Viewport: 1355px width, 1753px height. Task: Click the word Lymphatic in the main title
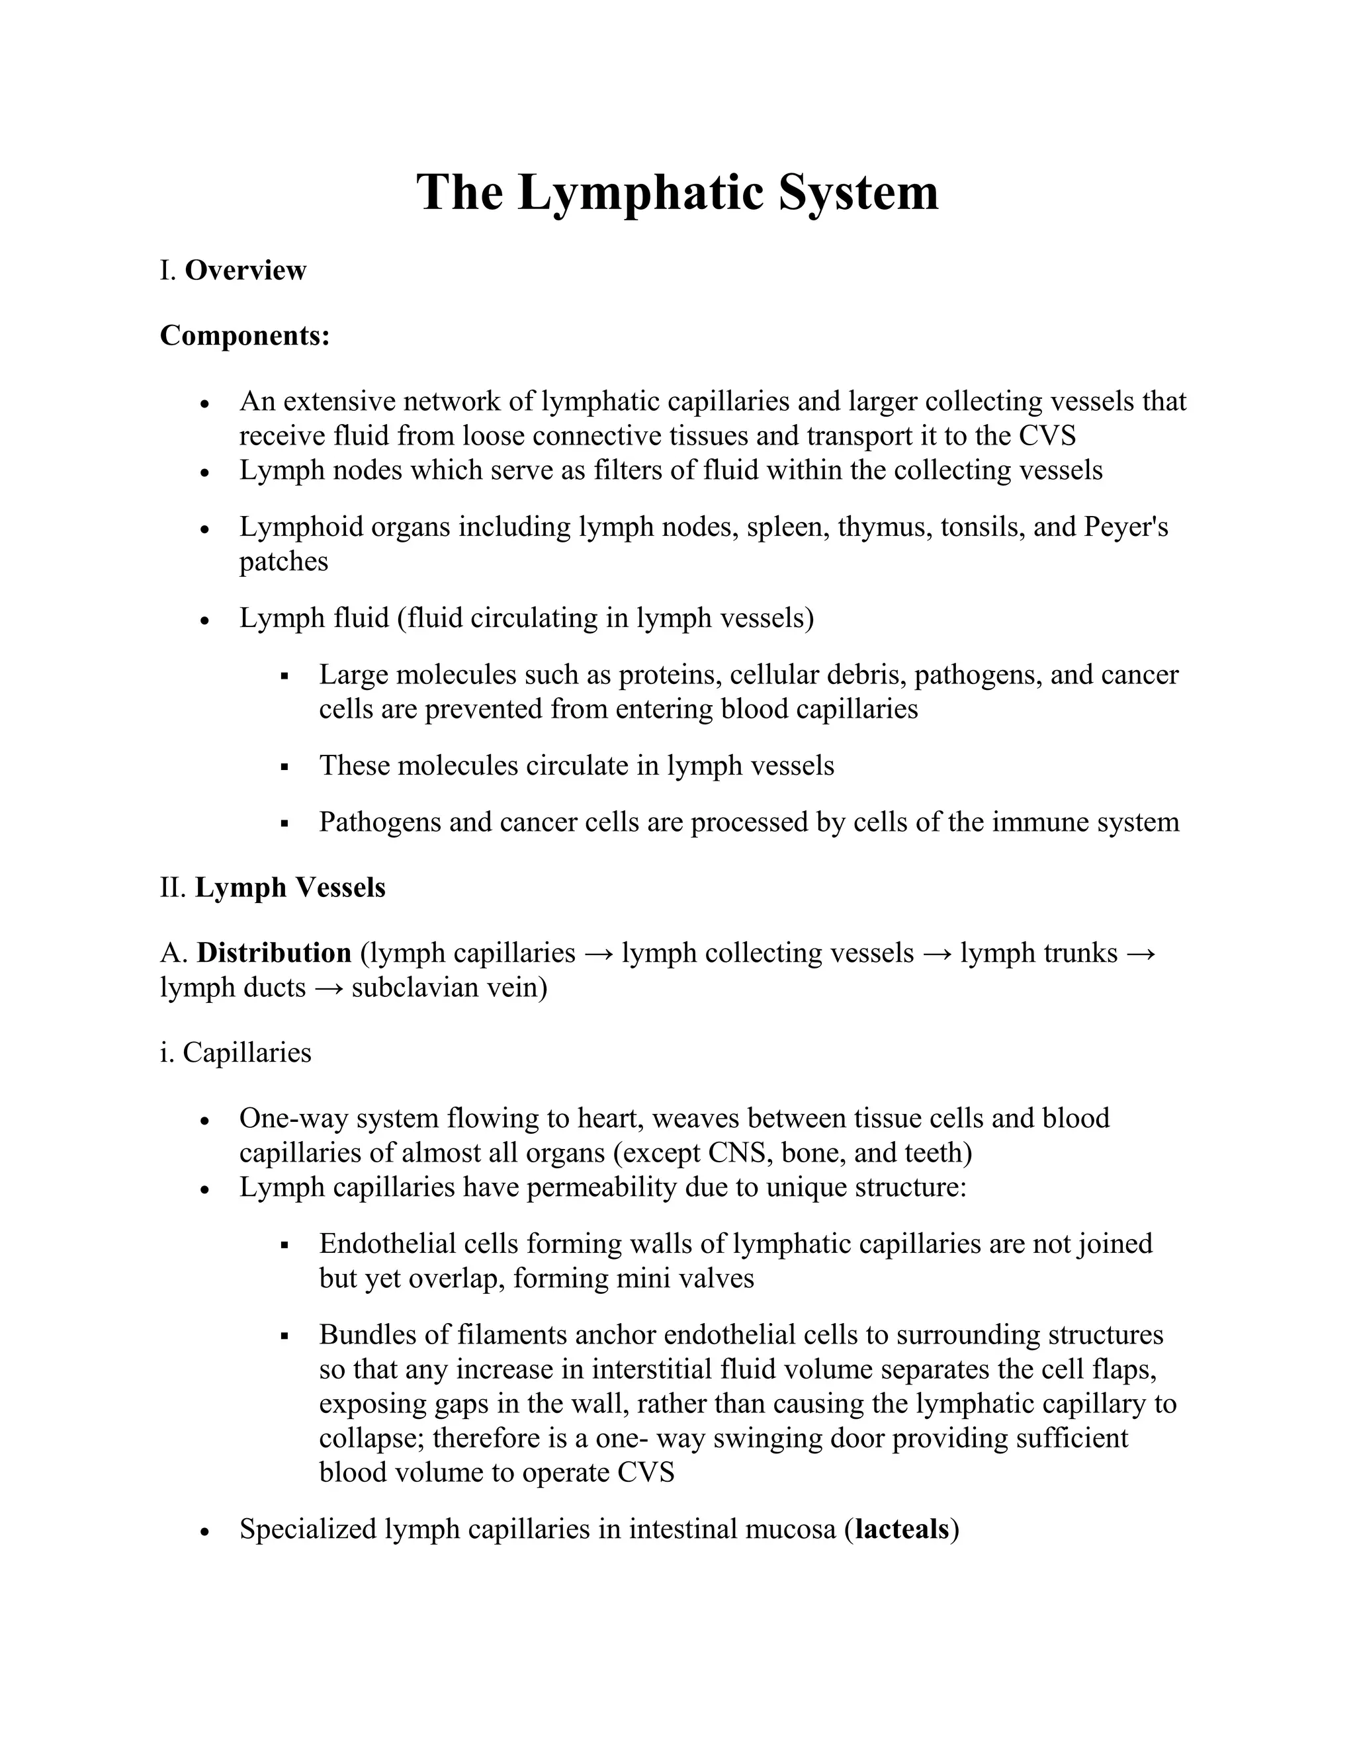click(640, 192)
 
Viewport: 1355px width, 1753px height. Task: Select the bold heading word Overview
click(245, 271)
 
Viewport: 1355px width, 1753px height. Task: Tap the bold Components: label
click(245, 335)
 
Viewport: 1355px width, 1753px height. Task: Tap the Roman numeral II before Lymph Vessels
click(173, 888)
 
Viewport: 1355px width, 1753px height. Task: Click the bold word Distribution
click(274, 953)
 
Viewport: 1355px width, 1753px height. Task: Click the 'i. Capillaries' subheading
click(235, 1052)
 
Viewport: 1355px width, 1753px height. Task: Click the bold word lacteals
click(902, 1529)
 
